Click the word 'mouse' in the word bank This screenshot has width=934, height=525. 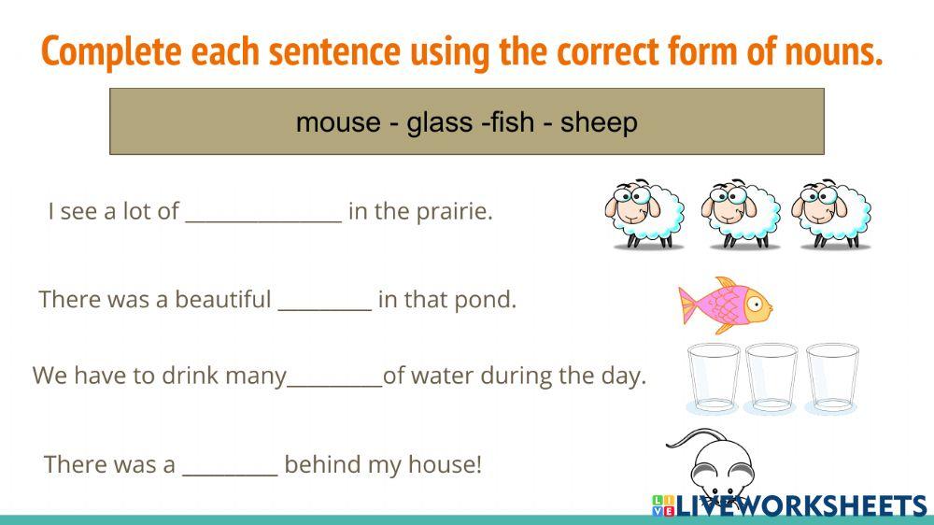[x=335, y=122]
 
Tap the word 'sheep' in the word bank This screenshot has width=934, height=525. [x=599, y=122]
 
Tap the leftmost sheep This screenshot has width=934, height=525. [x=644, y=213]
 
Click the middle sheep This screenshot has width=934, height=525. [x=741, y=213]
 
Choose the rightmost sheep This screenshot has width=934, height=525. [x=831, y=213]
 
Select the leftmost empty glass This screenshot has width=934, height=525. [x=714, y=378]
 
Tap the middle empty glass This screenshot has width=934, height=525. [x=772, y=378]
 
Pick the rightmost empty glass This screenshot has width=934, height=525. [x=832, y=378]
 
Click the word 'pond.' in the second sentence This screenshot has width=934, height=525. [x=491, y=301]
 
